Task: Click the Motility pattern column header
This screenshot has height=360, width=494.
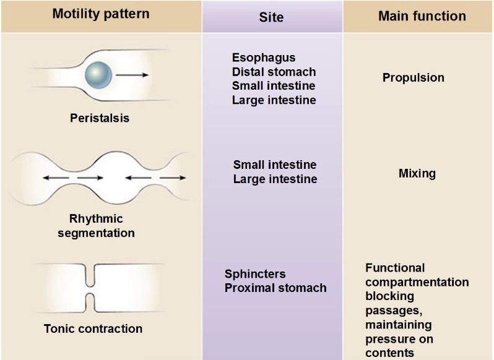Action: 101,14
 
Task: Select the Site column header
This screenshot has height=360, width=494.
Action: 271,17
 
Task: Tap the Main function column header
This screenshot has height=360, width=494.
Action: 422,16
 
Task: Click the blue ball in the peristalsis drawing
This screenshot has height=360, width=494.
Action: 98,75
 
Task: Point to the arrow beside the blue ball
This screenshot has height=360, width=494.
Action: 132,75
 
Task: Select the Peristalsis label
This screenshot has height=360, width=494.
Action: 100,118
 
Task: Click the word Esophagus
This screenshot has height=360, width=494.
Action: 264,58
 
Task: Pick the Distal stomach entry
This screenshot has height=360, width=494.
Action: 274,72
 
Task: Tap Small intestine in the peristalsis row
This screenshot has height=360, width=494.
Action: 274,85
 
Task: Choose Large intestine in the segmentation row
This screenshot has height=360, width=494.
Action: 275,179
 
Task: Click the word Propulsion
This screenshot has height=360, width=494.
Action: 414,78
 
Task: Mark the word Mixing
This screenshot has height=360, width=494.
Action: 417,174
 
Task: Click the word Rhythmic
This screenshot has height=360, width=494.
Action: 96,219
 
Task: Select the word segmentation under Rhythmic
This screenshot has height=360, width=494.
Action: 96,233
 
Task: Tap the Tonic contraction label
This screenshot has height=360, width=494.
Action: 93,328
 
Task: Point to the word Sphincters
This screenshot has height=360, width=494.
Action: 255,274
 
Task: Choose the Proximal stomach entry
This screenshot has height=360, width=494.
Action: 275,288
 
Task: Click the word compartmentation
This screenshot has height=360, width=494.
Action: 417,282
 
